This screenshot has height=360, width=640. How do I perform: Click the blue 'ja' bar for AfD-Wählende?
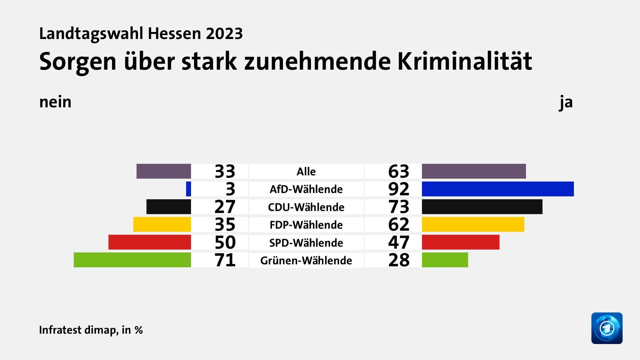(x=498, y=189)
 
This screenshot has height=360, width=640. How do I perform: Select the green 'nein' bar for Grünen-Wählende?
(x=132, y=260)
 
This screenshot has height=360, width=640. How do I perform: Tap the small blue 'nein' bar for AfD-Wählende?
(x=188, y=189)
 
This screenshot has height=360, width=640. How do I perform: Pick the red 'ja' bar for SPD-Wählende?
(x=461, y=242)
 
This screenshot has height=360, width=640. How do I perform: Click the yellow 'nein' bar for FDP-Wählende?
(x=162, y=224)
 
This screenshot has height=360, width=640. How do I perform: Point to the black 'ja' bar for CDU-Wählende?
(x=482, y=207)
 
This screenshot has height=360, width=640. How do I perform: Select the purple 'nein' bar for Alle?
(x=164, y=171)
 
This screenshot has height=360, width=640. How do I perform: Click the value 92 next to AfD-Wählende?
(x=399, y=189)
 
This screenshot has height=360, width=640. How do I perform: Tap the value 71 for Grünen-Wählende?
(x=225, y=260)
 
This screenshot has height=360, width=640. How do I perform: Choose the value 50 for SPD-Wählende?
(x=225, y=242)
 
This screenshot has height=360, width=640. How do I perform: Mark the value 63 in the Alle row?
(x=399, y=171)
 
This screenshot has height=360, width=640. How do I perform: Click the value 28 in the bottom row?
(x=399, y=260)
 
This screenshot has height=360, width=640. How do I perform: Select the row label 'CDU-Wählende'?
(x=306, y=207)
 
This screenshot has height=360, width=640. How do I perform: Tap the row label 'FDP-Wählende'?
(x=306, y=225)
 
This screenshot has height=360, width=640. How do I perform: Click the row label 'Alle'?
(x=306, y=171)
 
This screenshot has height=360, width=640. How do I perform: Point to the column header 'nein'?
(x=55, y=102)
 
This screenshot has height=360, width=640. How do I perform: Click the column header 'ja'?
(x=566, y=102)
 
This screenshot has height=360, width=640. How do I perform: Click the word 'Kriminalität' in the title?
(x=465, y=61)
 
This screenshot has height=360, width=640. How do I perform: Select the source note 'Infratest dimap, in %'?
(x=91, y=330)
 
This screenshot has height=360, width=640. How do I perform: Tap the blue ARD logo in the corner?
(x=607, y=328)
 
